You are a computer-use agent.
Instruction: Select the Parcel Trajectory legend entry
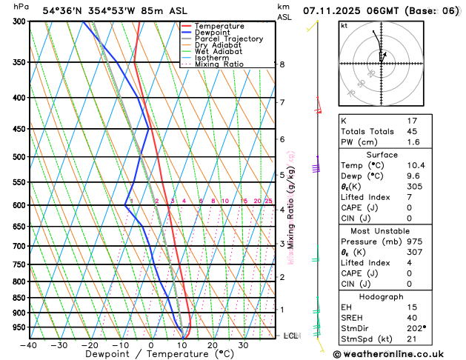pos(227,39)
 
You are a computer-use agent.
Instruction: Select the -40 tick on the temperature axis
pos(29,344)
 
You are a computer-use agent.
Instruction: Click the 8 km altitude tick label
pos(282,64)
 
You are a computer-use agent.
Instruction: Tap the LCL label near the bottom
pos(291,336)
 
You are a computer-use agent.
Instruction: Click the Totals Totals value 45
pos(412,131)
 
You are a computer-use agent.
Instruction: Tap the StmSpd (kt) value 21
pos(412,339)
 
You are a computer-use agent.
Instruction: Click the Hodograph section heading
pos(381,296)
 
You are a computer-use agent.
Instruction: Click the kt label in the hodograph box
pos(344,25)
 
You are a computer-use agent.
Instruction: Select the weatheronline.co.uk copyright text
pos(397,353)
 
